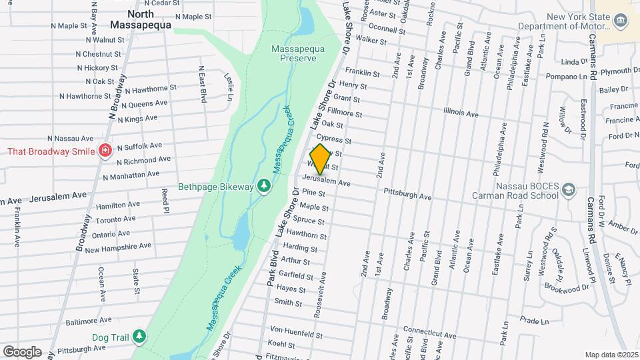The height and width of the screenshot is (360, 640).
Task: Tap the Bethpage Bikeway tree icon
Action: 264,185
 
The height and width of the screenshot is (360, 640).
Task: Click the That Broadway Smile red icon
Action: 105,151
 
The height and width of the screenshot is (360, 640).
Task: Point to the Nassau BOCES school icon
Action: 568,190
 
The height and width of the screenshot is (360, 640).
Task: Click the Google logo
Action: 22,351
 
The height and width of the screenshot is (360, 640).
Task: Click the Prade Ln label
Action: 534,321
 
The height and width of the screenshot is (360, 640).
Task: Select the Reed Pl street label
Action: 165,201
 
